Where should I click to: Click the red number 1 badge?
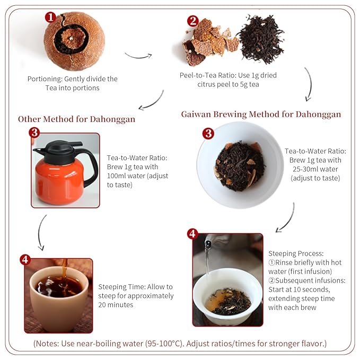tap(50, 17)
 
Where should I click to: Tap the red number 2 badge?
tap(193, 21)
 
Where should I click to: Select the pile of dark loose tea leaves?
tap(260, 40)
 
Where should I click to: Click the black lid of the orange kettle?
tap(58, 148)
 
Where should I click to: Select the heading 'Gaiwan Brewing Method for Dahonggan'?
tap(261, 114)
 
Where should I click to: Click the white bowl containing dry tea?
tap(240, 164)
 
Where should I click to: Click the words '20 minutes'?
tap(116, 304)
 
